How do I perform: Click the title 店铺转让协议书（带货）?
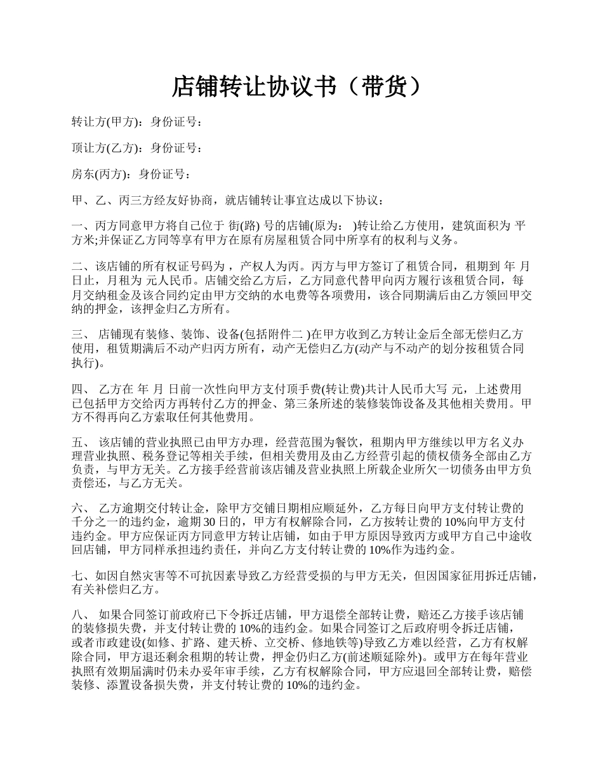297,87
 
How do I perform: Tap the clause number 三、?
81,335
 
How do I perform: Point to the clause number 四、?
81,389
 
